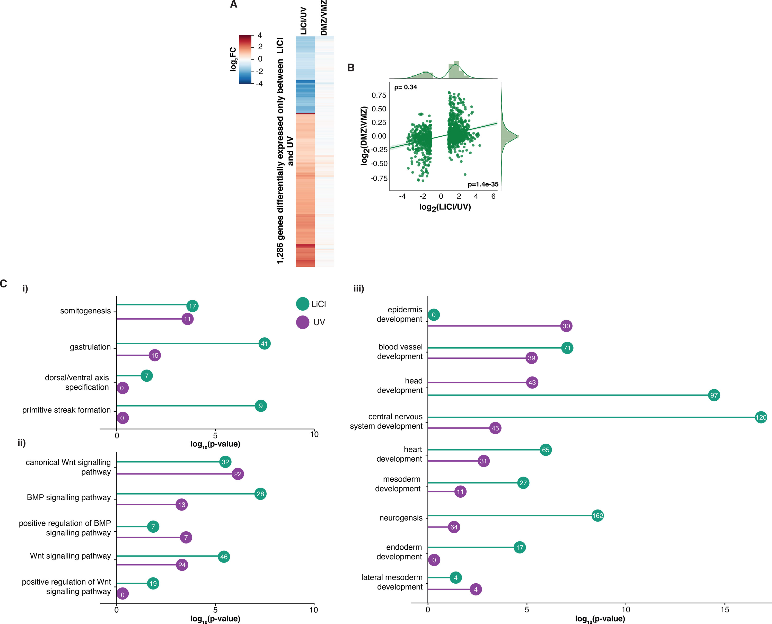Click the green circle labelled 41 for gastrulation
click(265, 344)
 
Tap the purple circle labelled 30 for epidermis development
click(566, 326)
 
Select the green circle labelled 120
click(761, 417)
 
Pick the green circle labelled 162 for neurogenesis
click(598, 516)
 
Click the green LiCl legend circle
click(303, 304)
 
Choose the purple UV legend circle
click(303, 322)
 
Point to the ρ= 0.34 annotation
click(405, 87)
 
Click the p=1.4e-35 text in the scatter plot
click(483, 184)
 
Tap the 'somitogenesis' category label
click(85, 311)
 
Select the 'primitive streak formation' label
click(66, 410)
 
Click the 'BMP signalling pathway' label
click(69, 497)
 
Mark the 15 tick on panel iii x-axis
click(725, 610)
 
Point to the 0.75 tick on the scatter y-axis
click(379, 95)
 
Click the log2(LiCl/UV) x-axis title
click(445, 207)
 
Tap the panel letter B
click(351, 68)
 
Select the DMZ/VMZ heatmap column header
click(324, 18)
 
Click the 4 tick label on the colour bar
click(260, 35)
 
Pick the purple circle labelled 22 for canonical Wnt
click(238, 474)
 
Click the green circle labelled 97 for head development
click(714, 396)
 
